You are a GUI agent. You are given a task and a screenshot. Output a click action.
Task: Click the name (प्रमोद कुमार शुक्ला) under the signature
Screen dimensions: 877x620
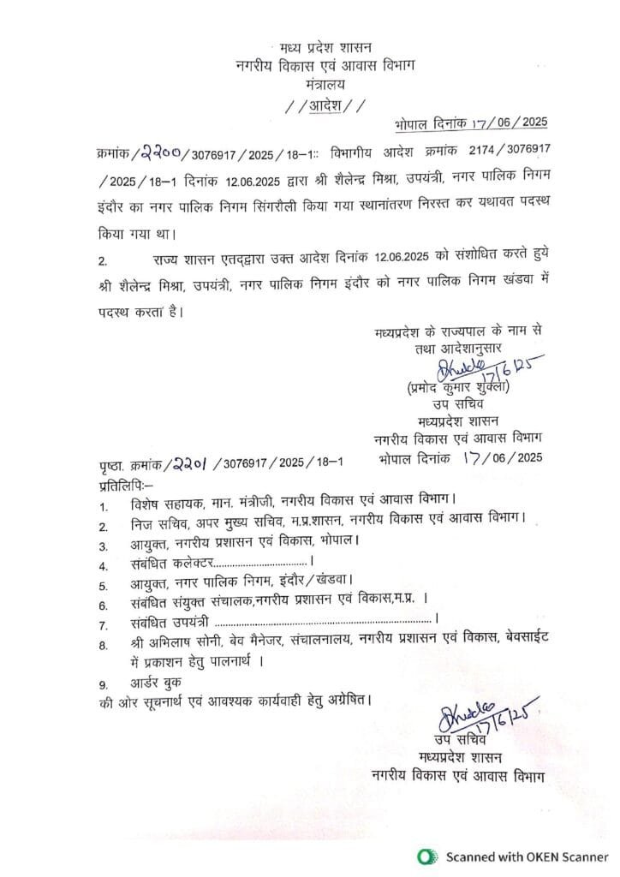pos(461,386)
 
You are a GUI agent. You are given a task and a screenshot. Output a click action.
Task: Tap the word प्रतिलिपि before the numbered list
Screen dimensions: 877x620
pos(127,484)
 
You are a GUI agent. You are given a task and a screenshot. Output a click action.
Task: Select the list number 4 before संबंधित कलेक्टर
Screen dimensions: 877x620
pos(103,566)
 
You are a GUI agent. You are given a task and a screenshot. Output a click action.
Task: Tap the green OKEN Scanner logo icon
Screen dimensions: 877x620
pos(424,854)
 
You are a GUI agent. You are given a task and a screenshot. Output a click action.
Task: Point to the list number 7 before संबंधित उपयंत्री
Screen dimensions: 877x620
pos(103,620)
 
